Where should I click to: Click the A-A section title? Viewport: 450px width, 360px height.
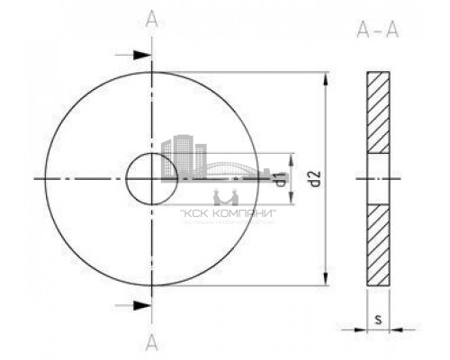click(377, 33)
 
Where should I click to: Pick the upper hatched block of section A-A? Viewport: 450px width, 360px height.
click(378, 112)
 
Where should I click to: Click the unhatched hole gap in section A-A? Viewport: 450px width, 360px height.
click(378, 179)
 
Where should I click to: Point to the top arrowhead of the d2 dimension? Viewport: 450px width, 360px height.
click(326, 76)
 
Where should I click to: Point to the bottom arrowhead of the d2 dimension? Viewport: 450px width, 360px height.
click(326, 281)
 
